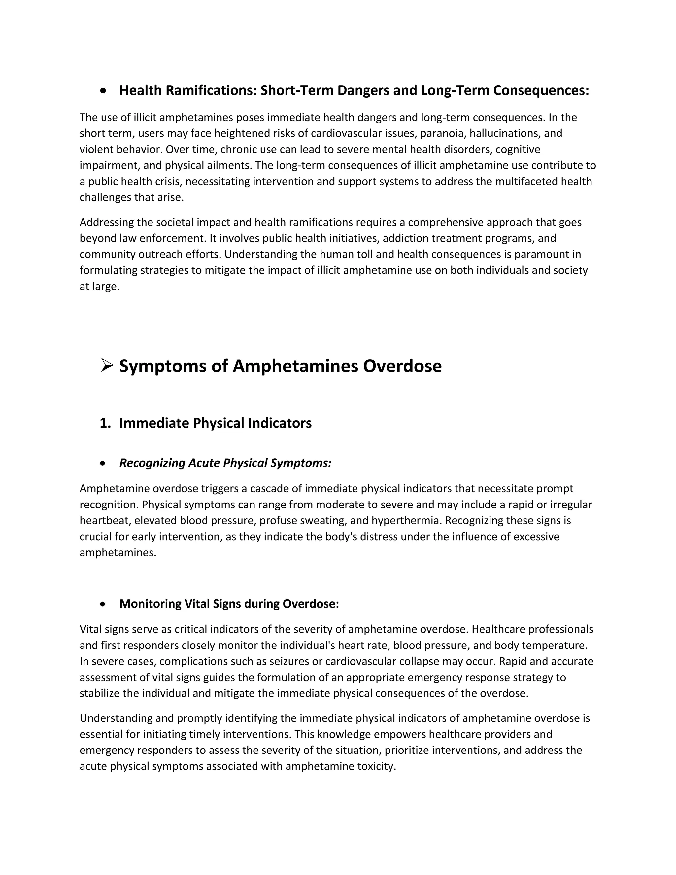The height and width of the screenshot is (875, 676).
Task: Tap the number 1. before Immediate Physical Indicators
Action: click(105, 423)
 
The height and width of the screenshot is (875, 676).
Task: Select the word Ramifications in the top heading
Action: click(211, 90)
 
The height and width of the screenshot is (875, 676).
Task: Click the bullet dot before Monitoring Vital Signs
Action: click(104, 604)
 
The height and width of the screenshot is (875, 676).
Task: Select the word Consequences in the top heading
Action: click(541, 90)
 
